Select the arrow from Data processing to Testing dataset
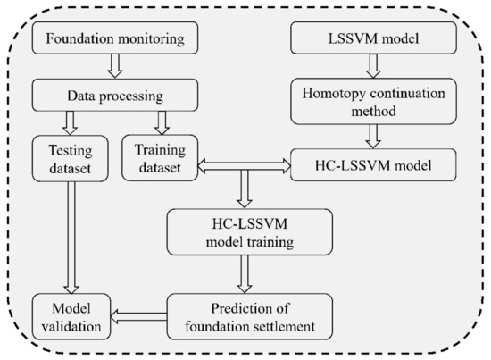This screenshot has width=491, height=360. pos(63,120)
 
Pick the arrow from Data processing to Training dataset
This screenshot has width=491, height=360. pos(161,120)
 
